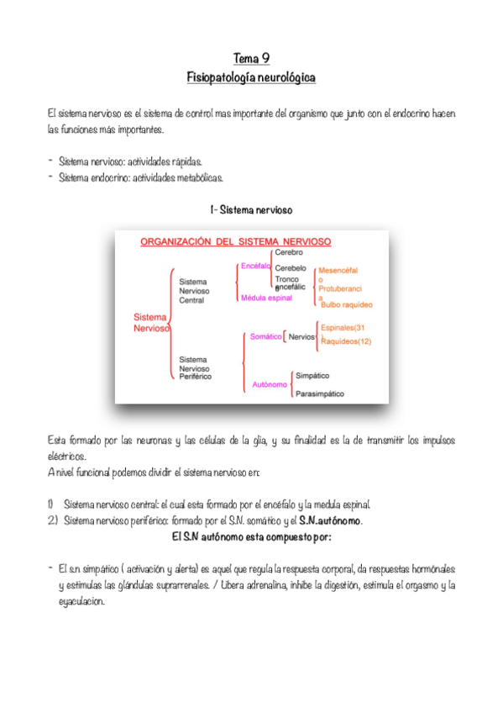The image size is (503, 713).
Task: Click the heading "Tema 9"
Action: pos(251,58)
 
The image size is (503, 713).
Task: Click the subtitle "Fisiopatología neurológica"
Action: pos(251,77)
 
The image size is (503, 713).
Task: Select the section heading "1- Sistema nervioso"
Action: pos(251,209)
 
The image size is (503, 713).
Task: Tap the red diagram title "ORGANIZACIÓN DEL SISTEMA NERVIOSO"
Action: pos(235,241)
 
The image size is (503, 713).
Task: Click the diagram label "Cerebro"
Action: pos(288,252)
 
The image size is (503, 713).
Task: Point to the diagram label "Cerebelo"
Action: pos(290,267)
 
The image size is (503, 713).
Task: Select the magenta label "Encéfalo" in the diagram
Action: pos(254,265)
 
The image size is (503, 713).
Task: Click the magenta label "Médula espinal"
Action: pos(265,298)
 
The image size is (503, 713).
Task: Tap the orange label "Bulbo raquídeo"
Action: pos(346,304)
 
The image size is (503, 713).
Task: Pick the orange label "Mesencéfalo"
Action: pos(338,270)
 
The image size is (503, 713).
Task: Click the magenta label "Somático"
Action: pos(265,336)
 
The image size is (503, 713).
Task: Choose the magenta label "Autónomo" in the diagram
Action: pos(270,384)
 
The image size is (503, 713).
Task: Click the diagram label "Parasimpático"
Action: pos(319,393)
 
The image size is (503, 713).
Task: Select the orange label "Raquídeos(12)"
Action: pos(346,341)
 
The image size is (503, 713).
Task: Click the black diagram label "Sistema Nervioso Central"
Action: pos(193,290)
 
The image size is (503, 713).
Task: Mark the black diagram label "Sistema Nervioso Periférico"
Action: pos(195,367)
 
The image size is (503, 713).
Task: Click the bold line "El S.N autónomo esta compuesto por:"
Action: pos(251,536)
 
